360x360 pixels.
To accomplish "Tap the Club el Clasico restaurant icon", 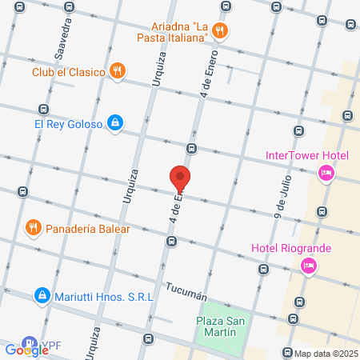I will pos(118,71).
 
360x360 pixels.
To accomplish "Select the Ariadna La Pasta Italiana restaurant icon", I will pos(222,32).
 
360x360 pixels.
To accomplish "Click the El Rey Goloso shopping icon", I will pos(116,122).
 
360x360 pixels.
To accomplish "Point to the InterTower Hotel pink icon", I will pos(326,172).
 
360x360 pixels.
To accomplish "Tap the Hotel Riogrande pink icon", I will pos(307,265).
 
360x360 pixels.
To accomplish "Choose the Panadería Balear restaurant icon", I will pos(33,227).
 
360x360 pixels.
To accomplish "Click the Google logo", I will pos(26,350).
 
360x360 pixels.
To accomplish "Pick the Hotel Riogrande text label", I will pos(290,248).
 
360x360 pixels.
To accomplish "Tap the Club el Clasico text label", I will pos(69,72).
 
